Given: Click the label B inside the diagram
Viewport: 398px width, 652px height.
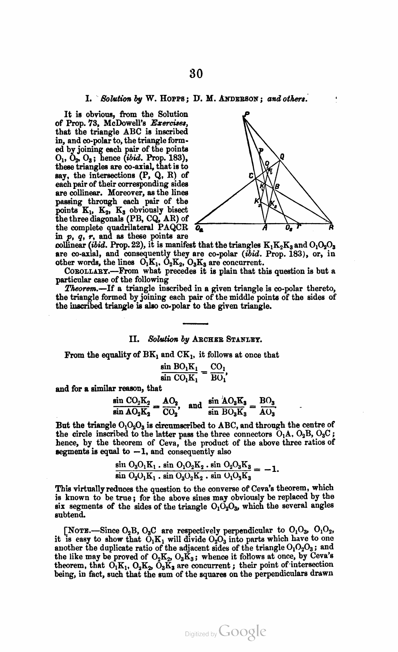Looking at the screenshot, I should pos(277,186).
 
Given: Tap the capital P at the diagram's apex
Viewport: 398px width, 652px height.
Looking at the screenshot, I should pos(245,115).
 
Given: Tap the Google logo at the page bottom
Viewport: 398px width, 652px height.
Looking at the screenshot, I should pos(243,632).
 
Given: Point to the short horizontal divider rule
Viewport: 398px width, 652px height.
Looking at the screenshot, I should pos(195,323).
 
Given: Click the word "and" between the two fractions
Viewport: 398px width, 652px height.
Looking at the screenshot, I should pos(195,405).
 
